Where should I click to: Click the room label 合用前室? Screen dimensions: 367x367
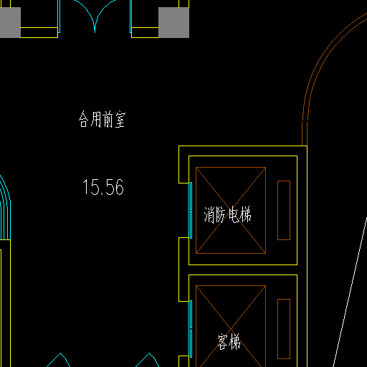click(102, 119)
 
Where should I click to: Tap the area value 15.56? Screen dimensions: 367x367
click(103, 187)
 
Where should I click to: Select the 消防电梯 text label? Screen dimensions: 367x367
click(227, 214)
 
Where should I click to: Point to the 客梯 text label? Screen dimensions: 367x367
click(229, 342)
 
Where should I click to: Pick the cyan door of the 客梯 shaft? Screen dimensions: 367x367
click(191, 329)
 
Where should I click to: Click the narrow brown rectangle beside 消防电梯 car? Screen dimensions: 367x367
click(284, 210)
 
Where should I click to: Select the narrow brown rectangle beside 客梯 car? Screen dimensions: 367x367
click(284, 329)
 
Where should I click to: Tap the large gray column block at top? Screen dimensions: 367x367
click(173, 22)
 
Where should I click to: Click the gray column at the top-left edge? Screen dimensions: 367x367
click(10, 22)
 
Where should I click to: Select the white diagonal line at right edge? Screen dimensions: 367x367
click(350, 292)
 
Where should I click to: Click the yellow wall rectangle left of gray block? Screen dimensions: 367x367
click(145, 32)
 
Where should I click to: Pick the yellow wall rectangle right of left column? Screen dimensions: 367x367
click(39, 32)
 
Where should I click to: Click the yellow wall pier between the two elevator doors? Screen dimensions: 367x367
click(183, 270)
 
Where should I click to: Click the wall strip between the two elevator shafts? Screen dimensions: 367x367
click(243, 270)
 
